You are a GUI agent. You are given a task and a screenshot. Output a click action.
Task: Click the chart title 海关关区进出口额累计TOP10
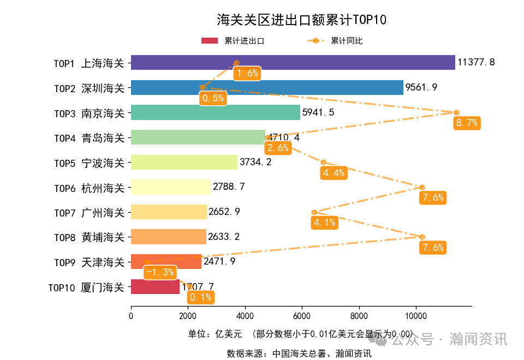[x=301, y=20]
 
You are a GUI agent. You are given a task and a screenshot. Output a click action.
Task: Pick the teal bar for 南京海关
[x=216, y=112]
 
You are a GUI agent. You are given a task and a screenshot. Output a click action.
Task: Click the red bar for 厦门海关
[x=155, y=287]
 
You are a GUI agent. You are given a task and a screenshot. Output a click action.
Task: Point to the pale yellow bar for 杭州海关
[x=170, y=187]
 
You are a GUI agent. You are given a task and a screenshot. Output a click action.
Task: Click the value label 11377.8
[x=476, y=62]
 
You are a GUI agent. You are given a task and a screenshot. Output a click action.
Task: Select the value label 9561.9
[x=421, y=87]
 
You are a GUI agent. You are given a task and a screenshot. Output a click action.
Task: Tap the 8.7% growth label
[x=466, y=123]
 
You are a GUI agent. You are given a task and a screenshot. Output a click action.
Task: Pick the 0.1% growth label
[x=200, y=297]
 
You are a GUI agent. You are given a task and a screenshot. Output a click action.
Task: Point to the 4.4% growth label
[x=334, y=173]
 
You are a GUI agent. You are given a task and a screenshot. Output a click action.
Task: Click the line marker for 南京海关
[x=456, y=112]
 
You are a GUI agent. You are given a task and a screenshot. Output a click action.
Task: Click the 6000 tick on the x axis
[x=302, y=315]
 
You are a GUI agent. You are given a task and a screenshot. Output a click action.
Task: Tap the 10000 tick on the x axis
[x=416, y=315]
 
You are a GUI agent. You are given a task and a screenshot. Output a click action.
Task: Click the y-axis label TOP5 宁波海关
[x=89, y=163]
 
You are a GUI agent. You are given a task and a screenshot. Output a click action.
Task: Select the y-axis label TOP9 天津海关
[x=89, y=262]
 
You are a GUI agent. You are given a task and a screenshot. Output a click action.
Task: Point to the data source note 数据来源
[x=299, y=353]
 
